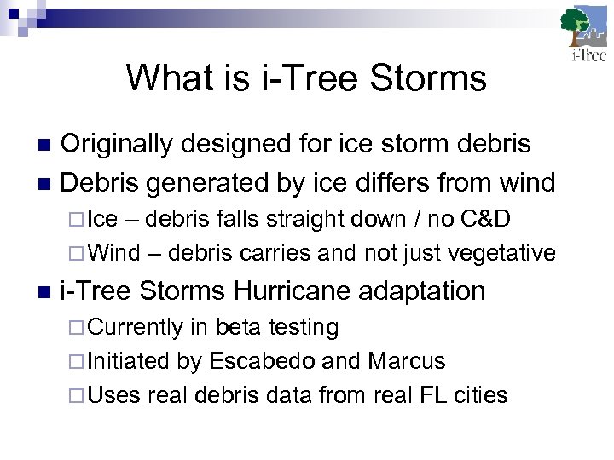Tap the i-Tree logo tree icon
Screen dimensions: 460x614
point(582,28)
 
